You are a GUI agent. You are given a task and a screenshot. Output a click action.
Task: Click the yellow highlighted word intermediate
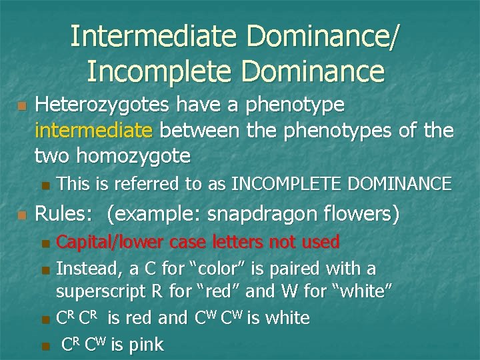tap(93, 131)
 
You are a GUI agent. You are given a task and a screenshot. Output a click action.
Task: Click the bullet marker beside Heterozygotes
tap(21, 106)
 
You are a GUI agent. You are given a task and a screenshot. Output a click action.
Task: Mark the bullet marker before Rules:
tap(21, 215)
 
